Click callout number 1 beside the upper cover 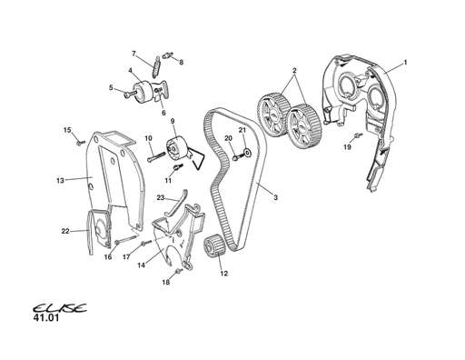pos(405,62)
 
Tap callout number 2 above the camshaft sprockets pos(294,70)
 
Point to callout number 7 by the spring pos(134,53)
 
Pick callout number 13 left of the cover pos(60,181)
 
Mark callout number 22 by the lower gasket pos(65,231)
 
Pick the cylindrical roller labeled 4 pos(143,91)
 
